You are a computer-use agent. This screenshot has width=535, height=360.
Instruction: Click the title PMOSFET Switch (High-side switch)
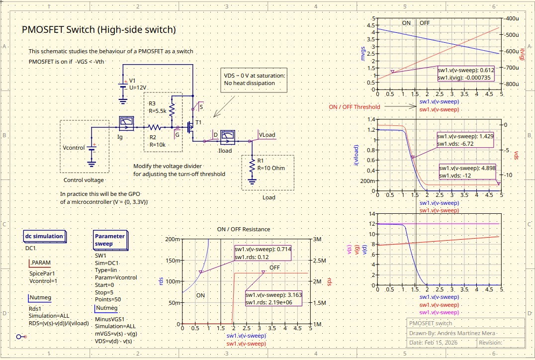[x=99, y=30]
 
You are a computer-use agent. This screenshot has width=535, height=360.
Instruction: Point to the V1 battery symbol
[x=123, y=86]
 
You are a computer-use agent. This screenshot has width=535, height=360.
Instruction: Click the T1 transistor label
[x=199, y=122]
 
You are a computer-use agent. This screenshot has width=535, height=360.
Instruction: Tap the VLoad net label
[x=267, y=135]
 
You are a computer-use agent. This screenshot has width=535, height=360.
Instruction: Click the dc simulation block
[x=44, y=236]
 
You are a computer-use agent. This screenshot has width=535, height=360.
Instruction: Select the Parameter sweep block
[x=109, y=240]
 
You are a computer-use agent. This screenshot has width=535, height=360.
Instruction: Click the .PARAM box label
[x=40, y=263]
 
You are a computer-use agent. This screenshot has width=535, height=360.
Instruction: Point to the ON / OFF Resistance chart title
[x=244, y=229]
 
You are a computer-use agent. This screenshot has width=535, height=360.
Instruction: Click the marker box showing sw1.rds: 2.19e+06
[x=273, y=298]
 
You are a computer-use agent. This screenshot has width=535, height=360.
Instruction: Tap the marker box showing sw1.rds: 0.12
[x=263, y=253]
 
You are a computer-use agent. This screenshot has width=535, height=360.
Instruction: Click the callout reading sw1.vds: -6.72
[x=465, y=140]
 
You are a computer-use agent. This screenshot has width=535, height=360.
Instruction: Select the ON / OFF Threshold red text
[x=354, y=107]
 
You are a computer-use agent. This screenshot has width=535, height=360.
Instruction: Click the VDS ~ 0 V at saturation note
[x=255, y=80]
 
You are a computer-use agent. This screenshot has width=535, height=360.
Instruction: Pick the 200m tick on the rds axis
[x=173, y=239]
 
